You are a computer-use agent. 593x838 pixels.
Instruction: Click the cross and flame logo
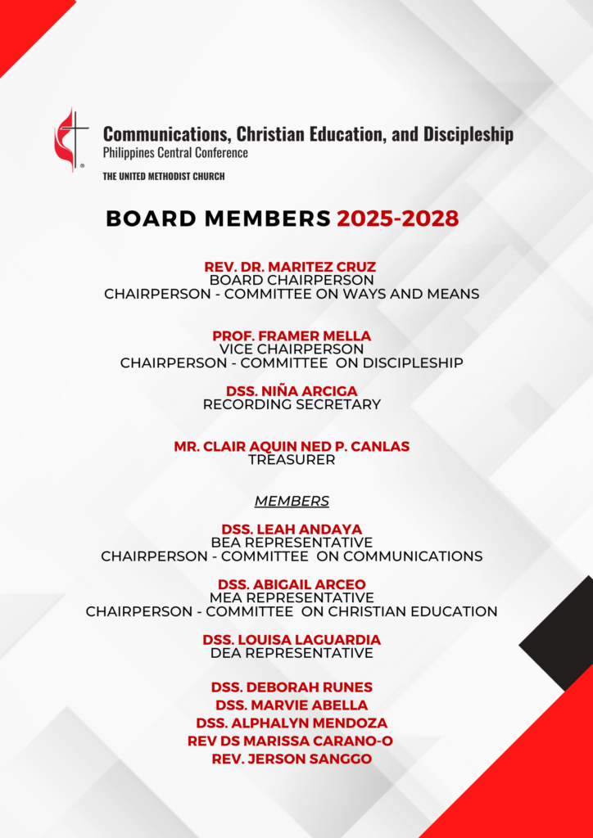point(71,138)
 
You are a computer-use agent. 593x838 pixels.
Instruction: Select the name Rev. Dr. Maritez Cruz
point(291,267)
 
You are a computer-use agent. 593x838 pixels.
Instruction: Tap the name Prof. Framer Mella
point(292,336)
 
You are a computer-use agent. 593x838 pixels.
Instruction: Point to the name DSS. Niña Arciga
point(292,390)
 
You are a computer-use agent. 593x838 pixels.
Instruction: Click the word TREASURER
point(292,460)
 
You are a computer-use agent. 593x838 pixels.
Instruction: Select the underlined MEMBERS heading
point(292,501)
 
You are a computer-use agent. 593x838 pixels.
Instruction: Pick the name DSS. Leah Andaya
point(292,529)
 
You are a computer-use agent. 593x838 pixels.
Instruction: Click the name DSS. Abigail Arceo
point(292,584)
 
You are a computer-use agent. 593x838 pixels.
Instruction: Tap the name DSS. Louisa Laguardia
point(292,639)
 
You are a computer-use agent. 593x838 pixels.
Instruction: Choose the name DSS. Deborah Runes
point(292,687)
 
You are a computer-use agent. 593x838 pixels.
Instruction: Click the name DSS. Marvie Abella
point(292,705)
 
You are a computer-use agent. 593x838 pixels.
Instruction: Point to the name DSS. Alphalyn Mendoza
point(292,723)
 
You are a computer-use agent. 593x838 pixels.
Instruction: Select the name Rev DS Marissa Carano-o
point(292,741)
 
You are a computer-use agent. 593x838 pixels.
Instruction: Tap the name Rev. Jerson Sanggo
point(292,759)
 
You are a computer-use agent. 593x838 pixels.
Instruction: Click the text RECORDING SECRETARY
point(292,404)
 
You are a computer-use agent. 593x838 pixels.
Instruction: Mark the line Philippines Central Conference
point(175,153)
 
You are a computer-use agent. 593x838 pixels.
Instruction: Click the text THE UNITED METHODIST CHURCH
point(164,177)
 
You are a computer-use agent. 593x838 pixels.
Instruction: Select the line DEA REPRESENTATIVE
point(292,653)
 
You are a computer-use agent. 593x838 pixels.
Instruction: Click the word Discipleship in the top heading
point(469,134)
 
